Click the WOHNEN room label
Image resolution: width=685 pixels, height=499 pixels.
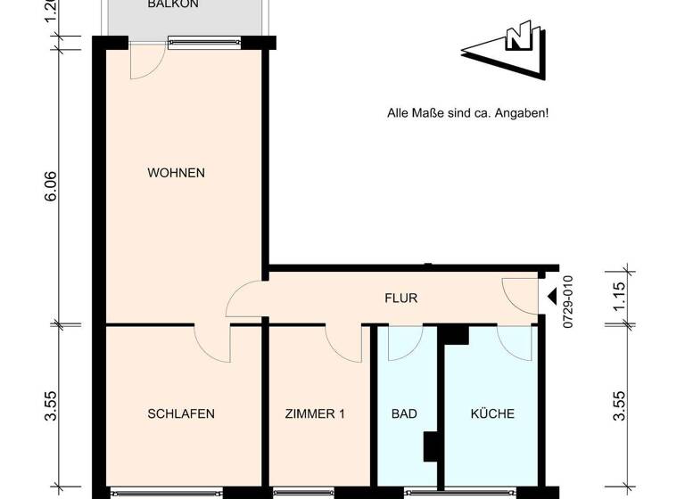176,173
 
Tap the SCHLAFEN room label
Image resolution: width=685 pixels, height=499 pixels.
180,413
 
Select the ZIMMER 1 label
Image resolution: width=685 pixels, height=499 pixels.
314,413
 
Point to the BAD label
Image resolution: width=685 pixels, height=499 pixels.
404,413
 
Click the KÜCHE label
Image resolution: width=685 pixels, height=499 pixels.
492,413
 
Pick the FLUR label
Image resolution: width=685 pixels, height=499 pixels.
400,299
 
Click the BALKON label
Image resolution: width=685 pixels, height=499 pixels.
173,4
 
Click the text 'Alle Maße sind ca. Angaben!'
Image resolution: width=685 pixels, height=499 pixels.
466,113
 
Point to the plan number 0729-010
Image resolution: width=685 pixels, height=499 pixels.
567,304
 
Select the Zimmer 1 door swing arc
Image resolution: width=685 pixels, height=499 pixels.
342,344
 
